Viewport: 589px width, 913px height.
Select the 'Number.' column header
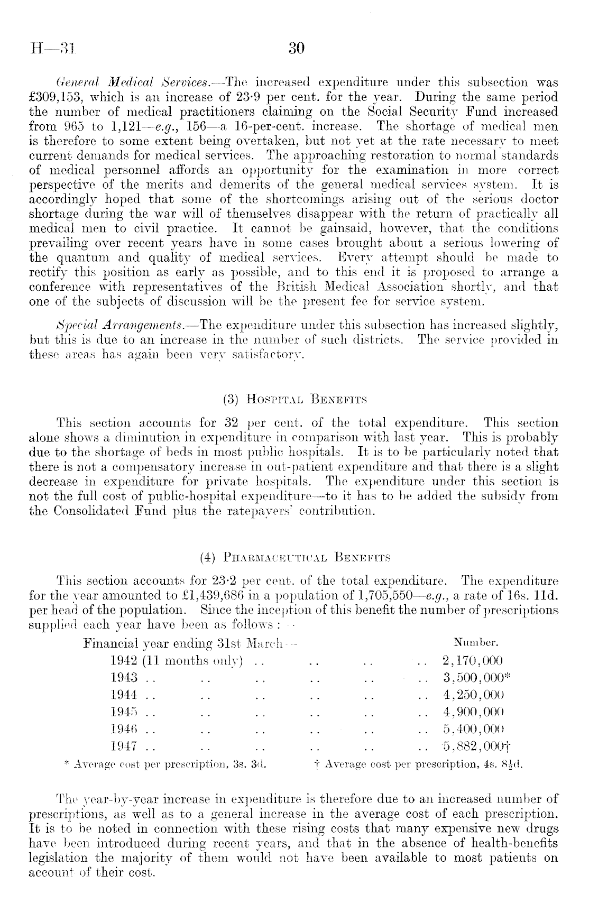point(476,644)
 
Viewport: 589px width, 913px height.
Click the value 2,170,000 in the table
point(472,661)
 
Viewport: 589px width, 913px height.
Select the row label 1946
point(125,729)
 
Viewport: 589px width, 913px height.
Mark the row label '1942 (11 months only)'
point(177,661)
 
